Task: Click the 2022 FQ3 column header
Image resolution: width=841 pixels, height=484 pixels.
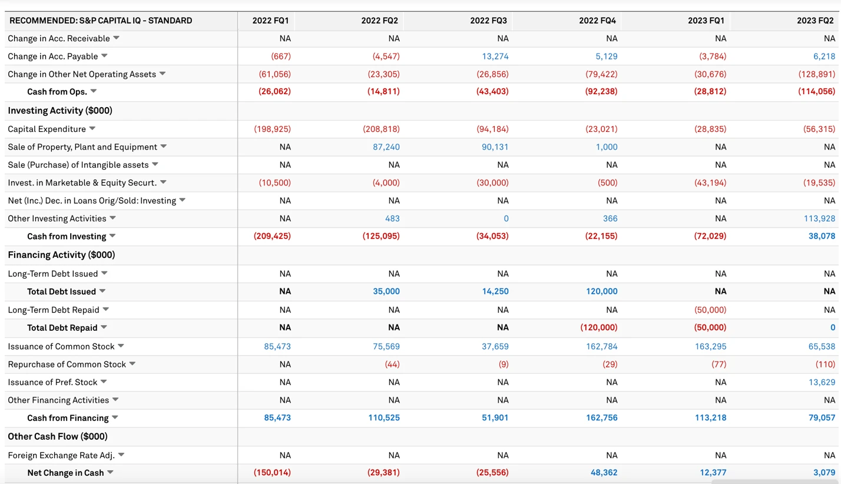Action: (488, 21)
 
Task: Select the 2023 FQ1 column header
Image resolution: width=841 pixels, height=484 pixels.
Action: (706, 21)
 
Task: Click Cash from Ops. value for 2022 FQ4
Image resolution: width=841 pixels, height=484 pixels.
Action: (601, 92)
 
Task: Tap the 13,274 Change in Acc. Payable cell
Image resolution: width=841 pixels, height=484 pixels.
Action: (495, 57)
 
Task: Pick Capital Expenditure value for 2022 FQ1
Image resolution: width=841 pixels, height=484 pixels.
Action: (272, 129)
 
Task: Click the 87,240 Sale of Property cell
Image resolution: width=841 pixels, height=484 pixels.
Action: (386, 147)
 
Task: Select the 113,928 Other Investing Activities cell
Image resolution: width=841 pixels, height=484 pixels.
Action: (819, 218)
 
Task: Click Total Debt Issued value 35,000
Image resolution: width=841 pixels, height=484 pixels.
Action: (386, 291)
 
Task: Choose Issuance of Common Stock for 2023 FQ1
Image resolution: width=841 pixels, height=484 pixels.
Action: (711, 347)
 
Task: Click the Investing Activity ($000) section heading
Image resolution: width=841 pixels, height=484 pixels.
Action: (60, 111)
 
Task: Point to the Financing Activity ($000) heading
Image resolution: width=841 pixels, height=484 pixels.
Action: (61, 255)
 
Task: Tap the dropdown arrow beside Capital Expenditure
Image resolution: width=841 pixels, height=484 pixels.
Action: (92, 129)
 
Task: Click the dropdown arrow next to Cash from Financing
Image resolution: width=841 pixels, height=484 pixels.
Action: (115, 418)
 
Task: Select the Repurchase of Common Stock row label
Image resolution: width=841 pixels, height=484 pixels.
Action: (67, 364)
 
